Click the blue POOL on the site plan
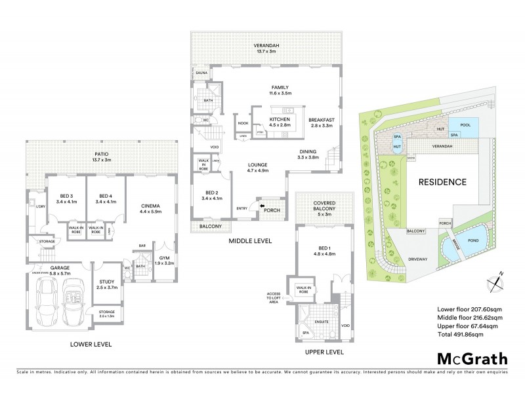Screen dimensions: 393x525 pos(465,124)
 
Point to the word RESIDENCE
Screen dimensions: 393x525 pos(443,181)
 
